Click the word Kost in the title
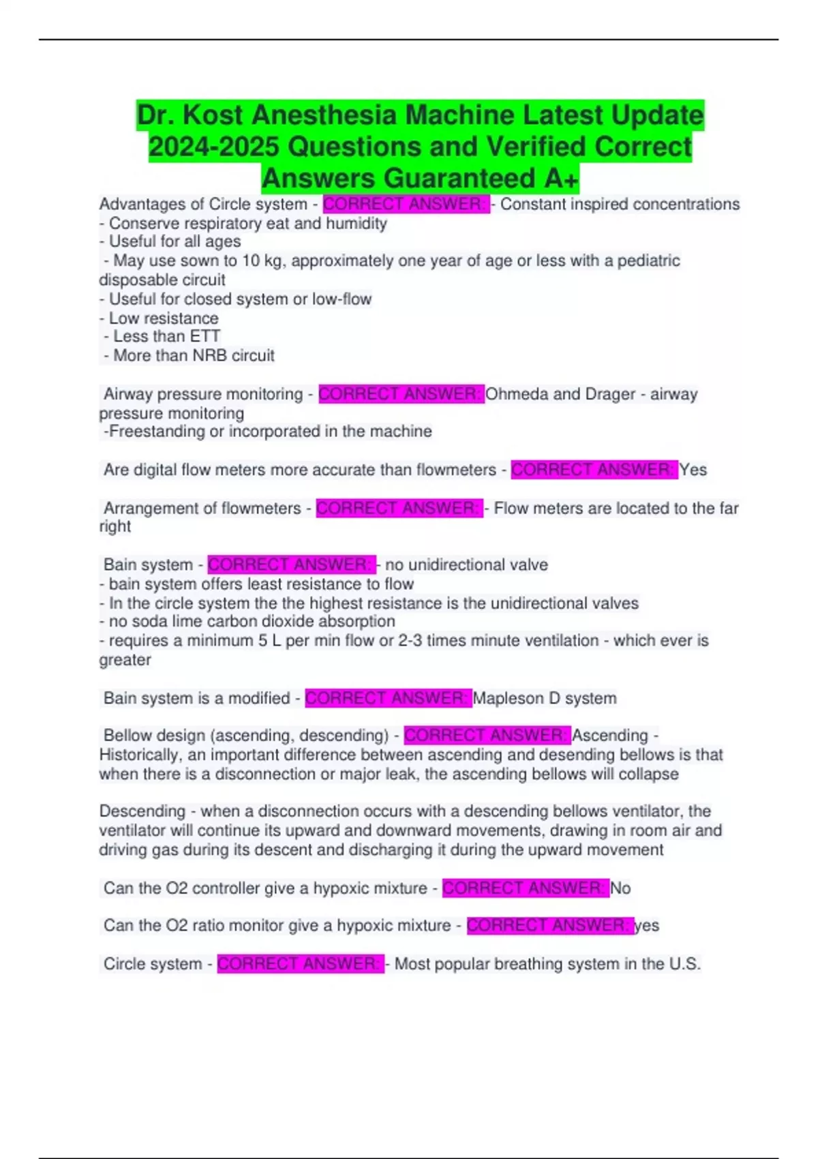click(212, 115)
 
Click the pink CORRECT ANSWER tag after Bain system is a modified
click(388, 698)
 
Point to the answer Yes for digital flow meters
click(693, 470)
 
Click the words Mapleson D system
click(545, 698)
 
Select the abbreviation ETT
click(205, 336)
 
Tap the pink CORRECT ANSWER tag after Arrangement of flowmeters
click(399, 508)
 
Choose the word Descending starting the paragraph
click(142, 811)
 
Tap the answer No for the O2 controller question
click(620, 888)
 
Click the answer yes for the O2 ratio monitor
click(647, 925)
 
